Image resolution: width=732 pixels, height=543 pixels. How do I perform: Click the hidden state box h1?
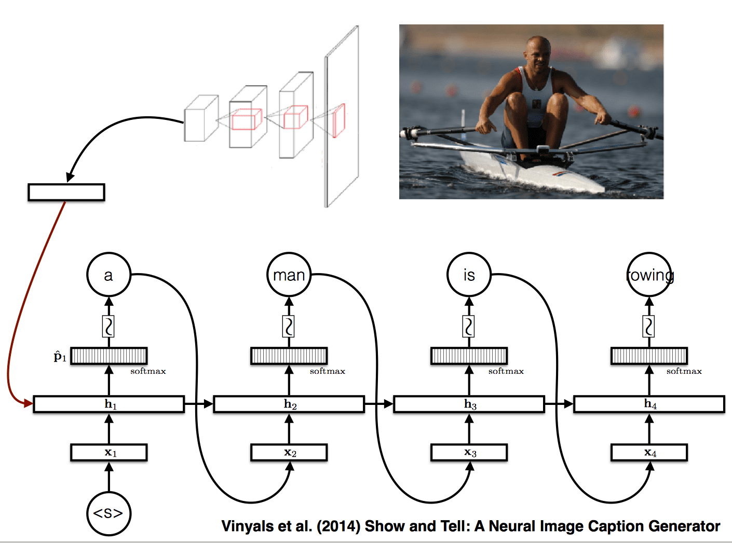pos(109,404)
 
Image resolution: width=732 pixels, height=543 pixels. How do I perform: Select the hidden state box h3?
pos(469,404)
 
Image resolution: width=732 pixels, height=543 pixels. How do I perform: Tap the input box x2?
pos(289,453)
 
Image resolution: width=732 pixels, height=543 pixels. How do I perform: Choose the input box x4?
pos(649,453)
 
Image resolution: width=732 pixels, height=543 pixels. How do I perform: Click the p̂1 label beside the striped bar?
pos(60,357)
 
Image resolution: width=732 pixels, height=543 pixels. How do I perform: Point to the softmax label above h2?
pos(328,371)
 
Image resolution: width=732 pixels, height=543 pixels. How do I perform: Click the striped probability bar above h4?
pos(649,356)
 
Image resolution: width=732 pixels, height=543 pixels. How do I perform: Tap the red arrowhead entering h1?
pos(29,403)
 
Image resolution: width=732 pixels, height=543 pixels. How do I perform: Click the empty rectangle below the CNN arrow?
pos(66,192)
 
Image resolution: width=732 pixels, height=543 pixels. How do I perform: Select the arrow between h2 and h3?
pos(379,404)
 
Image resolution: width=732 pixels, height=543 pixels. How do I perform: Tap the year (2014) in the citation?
pos(338,526)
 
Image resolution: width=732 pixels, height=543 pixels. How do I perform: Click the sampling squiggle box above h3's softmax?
pos(469,327)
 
